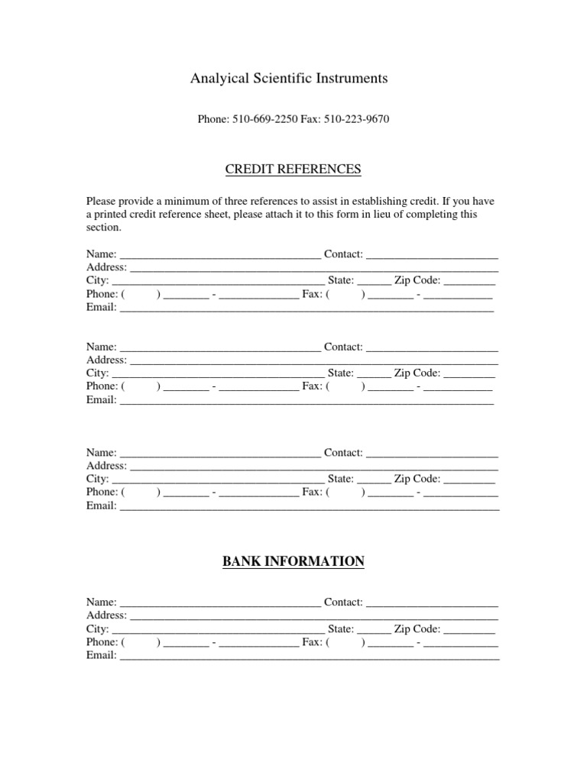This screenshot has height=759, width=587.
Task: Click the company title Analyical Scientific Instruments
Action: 289,78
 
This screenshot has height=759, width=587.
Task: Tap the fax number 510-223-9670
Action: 358,120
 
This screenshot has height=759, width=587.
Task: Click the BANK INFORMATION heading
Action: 293,561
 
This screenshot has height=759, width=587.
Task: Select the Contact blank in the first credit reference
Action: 432,254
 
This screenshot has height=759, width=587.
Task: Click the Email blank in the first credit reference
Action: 306,308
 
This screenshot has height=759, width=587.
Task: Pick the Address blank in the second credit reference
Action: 314,360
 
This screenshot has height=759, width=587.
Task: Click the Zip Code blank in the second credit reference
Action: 469,373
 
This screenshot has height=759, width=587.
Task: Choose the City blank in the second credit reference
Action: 218,373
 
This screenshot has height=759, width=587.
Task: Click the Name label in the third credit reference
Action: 102,452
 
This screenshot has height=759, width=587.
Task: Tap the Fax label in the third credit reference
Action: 312,492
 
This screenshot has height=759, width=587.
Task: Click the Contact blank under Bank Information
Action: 432,602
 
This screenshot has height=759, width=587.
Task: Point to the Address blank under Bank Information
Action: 314,615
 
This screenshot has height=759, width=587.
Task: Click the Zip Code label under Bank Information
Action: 417,628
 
